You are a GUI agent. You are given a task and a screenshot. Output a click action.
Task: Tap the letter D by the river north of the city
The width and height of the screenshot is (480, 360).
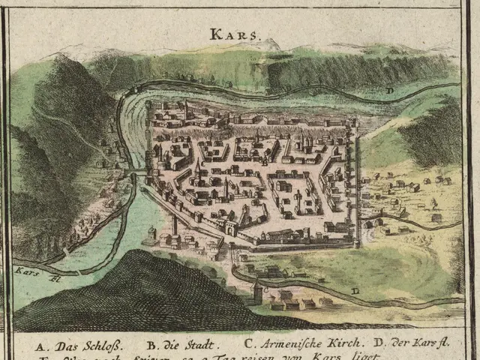pyautogui.click(x=390, y=91)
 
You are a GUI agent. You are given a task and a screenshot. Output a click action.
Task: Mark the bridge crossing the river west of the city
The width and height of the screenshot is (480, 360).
pyautogui.click(x=136, y=174)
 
